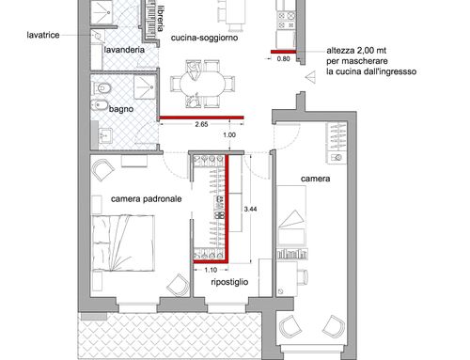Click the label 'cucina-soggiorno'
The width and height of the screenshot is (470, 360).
[x=204, y=38]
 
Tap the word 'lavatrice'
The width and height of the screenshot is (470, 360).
[x=43, y=35]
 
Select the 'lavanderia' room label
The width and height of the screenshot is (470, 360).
[x=124, y=50]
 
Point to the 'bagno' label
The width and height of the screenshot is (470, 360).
[x=121, y=109]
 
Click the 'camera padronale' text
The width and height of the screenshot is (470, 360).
[x=147, y=199]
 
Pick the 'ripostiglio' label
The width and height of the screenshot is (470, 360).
[x=229, y=282]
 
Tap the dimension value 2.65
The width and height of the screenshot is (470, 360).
[x=201, y=124]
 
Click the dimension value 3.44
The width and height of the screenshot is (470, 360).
[x=250, y=209]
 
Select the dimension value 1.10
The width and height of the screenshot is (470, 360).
[x=211, y=270]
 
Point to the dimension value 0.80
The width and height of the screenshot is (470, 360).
[x=283, y=58]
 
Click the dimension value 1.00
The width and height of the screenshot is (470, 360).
[x=229, y=135]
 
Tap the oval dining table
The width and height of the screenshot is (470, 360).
[x=202, y=85]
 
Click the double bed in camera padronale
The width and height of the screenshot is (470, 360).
[x=124, y=243]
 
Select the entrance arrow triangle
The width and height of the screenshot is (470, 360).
[x=310, y=77]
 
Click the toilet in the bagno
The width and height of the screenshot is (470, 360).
[x=101, y=88]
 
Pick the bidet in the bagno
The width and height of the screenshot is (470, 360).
[x=100, y=105]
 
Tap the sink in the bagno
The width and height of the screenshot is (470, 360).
[x=105, y=135]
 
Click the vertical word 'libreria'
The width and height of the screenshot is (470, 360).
[x=161, y=19]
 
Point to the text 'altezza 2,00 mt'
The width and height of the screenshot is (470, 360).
[x=356, y=51]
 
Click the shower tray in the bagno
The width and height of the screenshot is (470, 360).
[x=145, y=86]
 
